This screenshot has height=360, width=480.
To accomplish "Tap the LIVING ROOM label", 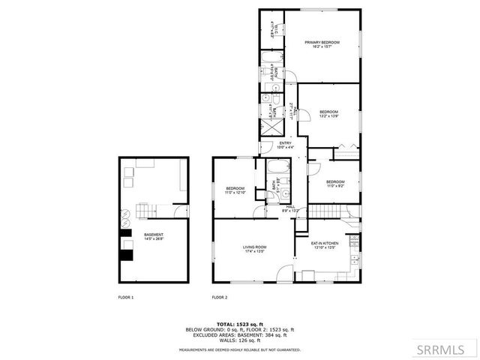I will (x=254, y=250).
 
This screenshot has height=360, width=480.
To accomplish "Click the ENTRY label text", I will (x=286, y=145).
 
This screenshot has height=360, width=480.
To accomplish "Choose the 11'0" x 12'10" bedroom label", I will (x=235, y=191).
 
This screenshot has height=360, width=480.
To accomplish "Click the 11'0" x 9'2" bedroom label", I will (x=334, y=183).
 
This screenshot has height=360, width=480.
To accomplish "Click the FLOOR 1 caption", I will (x=126, y=298).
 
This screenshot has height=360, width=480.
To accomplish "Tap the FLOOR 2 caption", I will (x=220, y=298).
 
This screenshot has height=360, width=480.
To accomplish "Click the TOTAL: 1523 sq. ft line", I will (x=239, y=324).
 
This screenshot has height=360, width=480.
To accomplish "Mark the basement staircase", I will (x=147, y=210).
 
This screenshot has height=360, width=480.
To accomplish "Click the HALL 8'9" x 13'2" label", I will (x=291, y=209).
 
